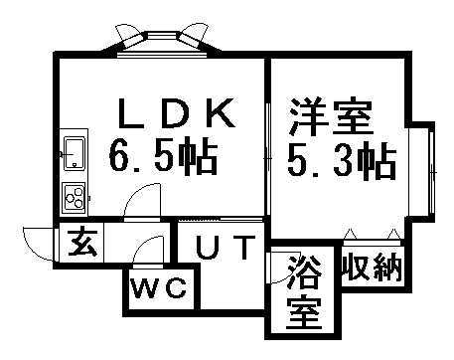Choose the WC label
point(159,289)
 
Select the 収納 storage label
point(374,268)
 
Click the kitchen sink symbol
point(75,152)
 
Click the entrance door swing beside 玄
point(39,242)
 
